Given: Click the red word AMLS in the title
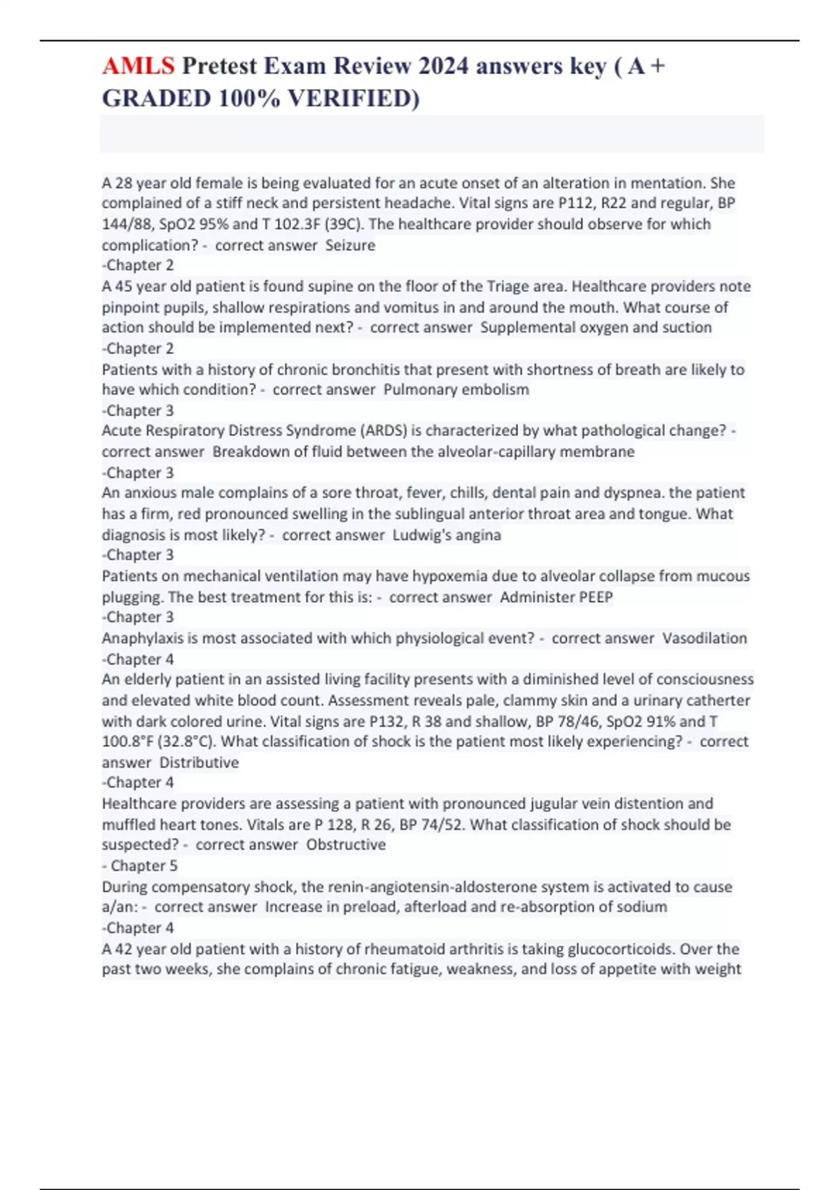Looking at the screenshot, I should point(138,66).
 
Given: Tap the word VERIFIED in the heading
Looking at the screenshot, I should point(353,98).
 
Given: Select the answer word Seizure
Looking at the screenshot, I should point(350,245).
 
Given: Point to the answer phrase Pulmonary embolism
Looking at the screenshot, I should point(456,389).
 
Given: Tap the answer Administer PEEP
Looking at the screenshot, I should point(556,597).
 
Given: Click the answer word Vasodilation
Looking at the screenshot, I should point(704,638).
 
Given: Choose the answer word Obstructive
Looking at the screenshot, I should point(346,845).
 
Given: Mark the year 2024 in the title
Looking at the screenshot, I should point(444,66).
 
